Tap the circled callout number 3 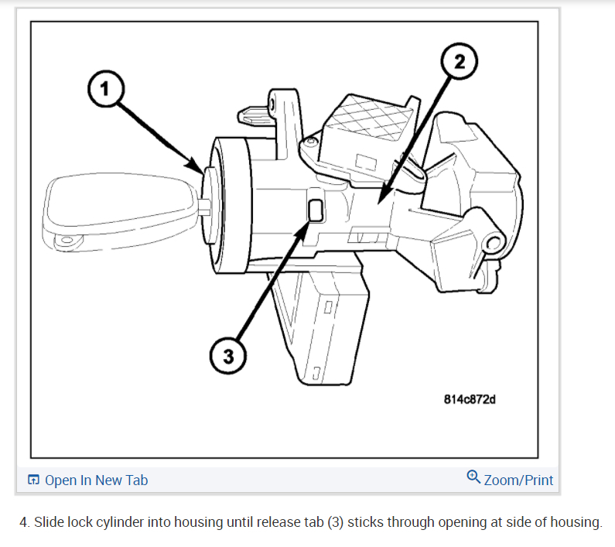pos(227,357)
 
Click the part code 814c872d pos(470,400)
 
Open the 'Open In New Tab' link pos(96,480)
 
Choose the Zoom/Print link pos(518,480)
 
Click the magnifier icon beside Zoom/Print pos(474,477)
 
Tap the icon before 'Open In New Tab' pos(33,480)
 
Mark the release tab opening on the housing pos(316,210)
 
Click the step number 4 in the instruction pos(23,522)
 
